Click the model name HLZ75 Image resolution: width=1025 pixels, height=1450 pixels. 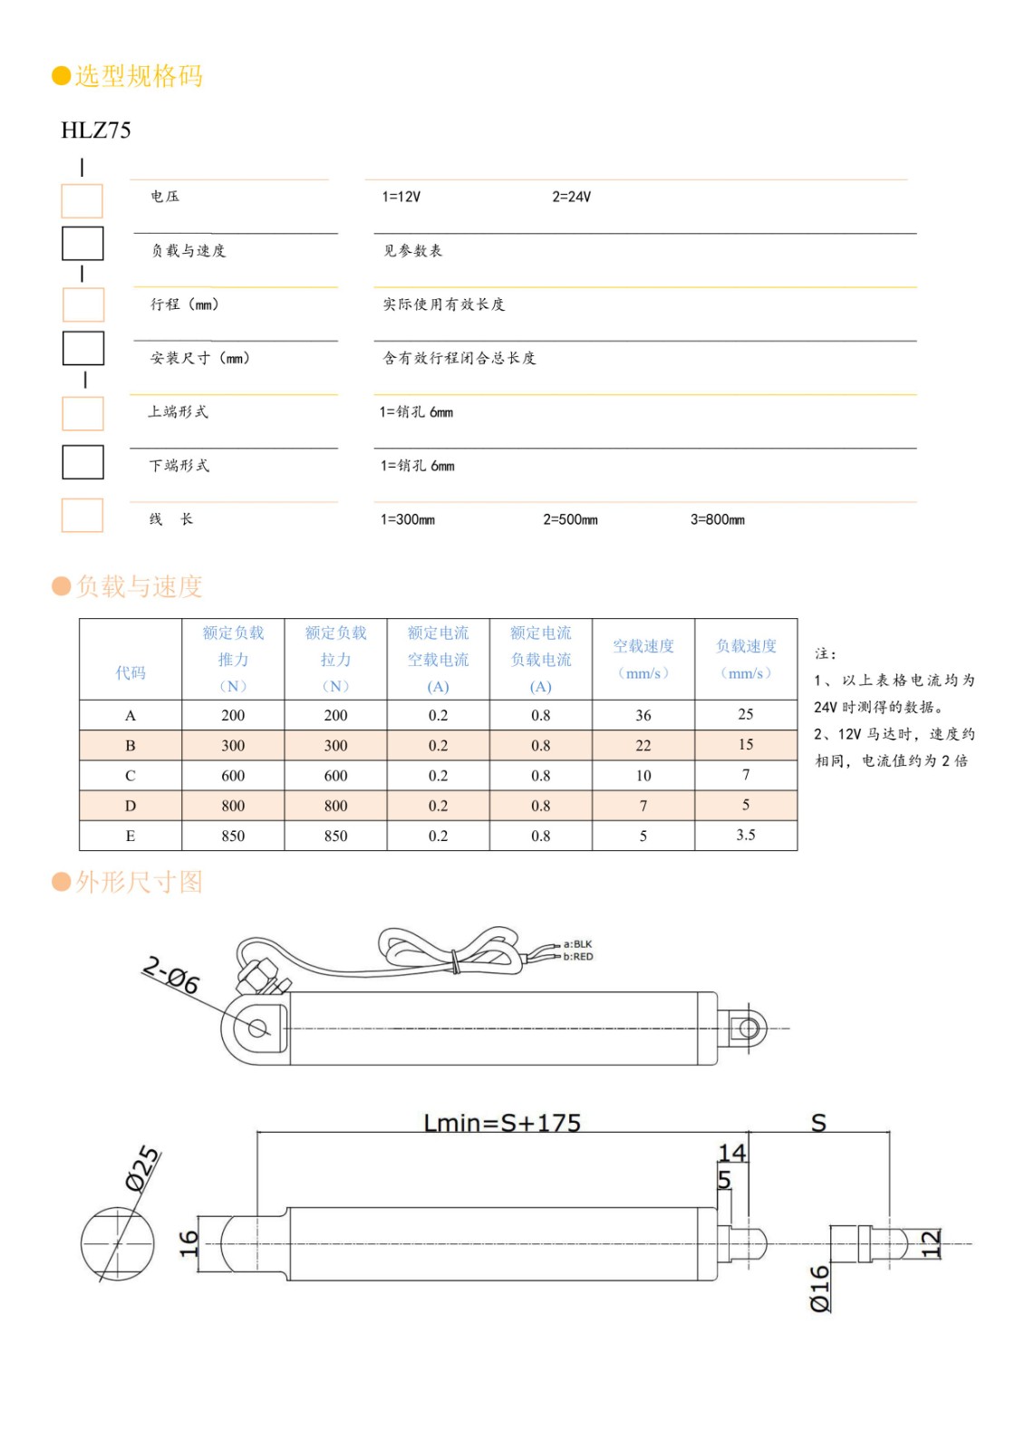(x=96, y=130)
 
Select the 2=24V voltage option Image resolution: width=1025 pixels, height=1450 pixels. (x=571, y=197)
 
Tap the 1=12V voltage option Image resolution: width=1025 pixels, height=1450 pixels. (x=401, y=197)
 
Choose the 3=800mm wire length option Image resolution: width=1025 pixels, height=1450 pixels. (x=717, y=519)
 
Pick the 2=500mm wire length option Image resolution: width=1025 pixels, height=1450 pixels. (x=570, y=519)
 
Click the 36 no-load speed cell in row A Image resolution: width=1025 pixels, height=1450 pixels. (x=643, y=715)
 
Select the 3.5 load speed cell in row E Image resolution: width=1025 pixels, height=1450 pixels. (x=745, y=835)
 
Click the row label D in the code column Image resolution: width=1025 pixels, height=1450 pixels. (x=131, y=806)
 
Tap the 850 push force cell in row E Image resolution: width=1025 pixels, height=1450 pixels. (x=233, y=836)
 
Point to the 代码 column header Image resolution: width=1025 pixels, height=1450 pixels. (x=131, y=672)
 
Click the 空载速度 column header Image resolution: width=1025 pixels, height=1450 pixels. (x=643, y=646)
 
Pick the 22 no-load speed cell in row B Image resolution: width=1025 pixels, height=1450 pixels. (x=643, y=745)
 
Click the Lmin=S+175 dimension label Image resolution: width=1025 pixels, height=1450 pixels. (x=502, y=1123)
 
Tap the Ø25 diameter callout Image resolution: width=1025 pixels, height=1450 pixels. (x=142, y=1168)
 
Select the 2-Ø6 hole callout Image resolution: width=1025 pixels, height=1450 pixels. (x=171, y=975)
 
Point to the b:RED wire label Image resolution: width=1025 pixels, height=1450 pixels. (x=578, y=957)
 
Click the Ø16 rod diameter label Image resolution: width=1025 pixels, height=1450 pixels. (x=819, y=1288)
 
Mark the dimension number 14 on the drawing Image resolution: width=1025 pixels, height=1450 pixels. (x=732, y=1152)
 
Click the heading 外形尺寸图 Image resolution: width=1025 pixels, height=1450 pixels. (x=139, y=882)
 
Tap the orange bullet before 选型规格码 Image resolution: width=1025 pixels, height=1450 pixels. (x=61, y=76)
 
